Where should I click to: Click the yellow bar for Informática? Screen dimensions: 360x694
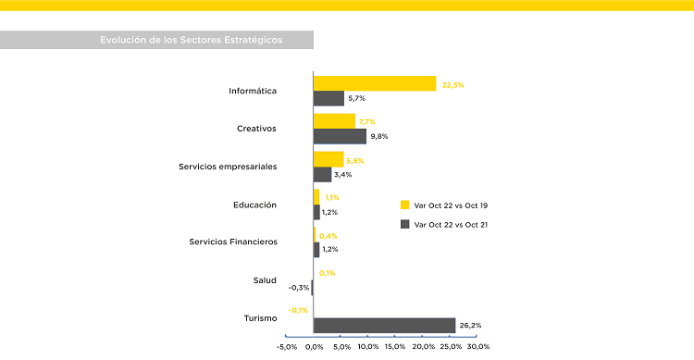(375, 83)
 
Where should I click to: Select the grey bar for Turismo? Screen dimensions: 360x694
(384, 325)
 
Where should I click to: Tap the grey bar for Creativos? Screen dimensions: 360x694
(340, 136)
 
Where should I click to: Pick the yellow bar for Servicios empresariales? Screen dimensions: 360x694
(328, 159)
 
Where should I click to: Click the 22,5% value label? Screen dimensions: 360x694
(452, 85)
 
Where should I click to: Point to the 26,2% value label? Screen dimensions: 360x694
(470, 326)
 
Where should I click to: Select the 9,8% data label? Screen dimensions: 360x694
(378, 137)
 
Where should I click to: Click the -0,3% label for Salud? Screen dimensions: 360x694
(299, 288)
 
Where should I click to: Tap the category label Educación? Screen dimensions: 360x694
(255, 205)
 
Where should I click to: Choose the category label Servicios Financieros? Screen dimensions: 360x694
(233, 242)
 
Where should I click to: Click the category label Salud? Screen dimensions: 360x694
(265, 280)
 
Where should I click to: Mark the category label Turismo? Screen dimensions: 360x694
(260, 318)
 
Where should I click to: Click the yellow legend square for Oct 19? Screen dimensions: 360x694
(404, 205)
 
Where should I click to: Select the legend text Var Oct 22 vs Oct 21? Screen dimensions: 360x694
(452, 225)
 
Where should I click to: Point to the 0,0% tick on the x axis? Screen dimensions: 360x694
(314, 347)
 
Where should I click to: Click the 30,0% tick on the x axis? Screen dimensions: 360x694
(477, 347)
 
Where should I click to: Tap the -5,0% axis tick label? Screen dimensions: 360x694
(287, 347)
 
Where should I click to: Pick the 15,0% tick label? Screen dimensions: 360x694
(396, 347)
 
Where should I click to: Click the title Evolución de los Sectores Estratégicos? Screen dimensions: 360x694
(191, 40)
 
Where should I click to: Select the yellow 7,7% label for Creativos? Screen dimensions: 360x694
(366, 122)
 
